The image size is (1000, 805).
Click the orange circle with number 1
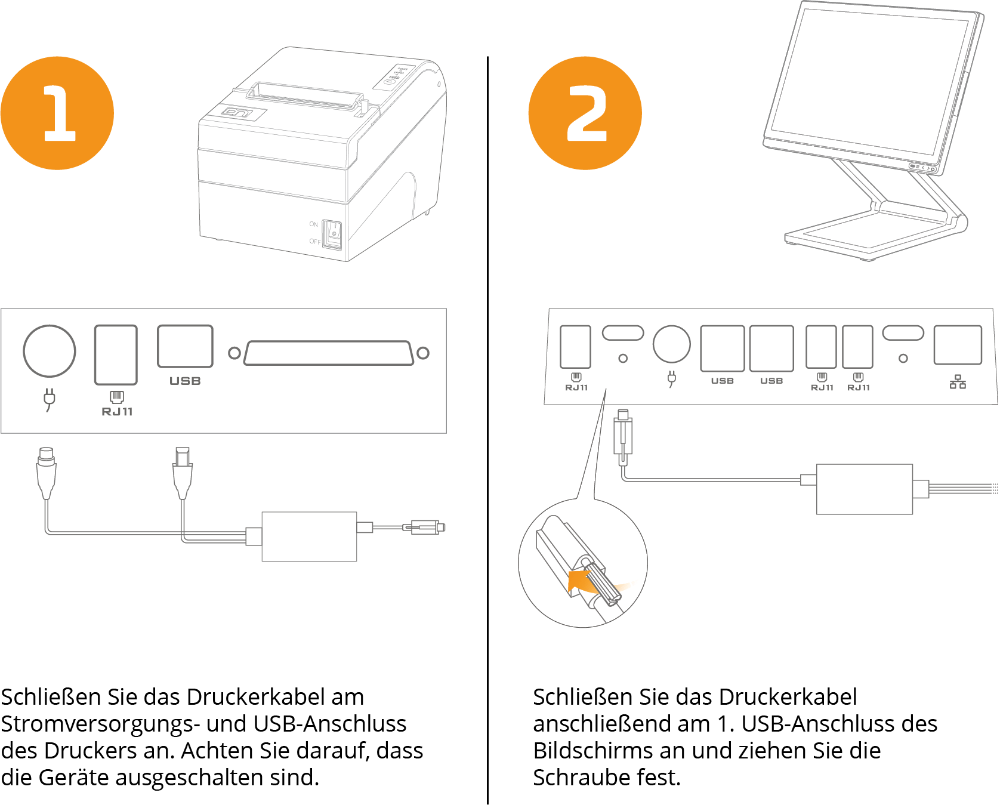57,113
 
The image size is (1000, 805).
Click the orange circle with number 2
585,113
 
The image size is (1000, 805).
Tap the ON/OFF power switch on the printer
332,234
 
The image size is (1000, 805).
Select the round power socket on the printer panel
50,351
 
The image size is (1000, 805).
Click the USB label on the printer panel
185,381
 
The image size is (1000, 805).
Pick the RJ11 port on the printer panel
116,354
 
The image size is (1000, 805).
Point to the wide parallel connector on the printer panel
329,353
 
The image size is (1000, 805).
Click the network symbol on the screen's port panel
958,382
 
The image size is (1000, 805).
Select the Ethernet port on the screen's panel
958,345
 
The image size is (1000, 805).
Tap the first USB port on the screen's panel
722,348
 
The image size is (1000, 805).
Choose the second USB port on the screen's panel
771,348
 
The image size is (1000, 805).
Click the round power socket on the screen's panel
672,344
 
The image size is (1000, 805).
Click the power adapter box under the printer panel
309,536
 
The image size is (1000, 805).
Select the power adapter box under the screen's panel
864,489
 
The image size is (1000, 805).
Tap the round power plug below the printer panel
47,471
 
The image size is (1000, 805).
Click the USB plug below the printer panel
183,471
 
